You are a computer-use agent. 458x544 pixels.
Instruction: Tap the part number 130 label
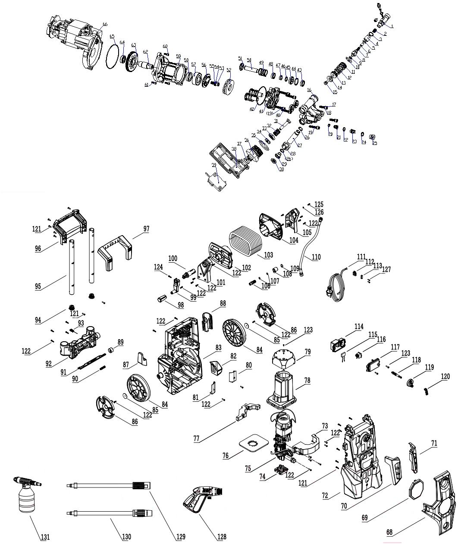126,537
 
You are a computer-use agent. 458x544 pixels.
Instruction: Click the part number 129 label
180,537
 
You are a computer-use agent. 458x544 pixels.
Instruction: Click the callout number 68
389,533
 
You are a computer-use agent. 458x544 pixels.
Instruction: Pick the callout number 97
146,229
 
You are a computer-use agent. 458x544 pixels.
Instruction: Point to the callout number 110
316,257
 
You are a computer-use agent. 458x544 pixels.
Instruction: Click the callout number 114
359,327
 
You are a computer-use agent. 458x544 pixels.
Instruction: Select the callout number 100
173,258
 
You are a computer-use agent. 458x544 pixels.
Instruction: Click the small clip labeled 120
427,391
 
